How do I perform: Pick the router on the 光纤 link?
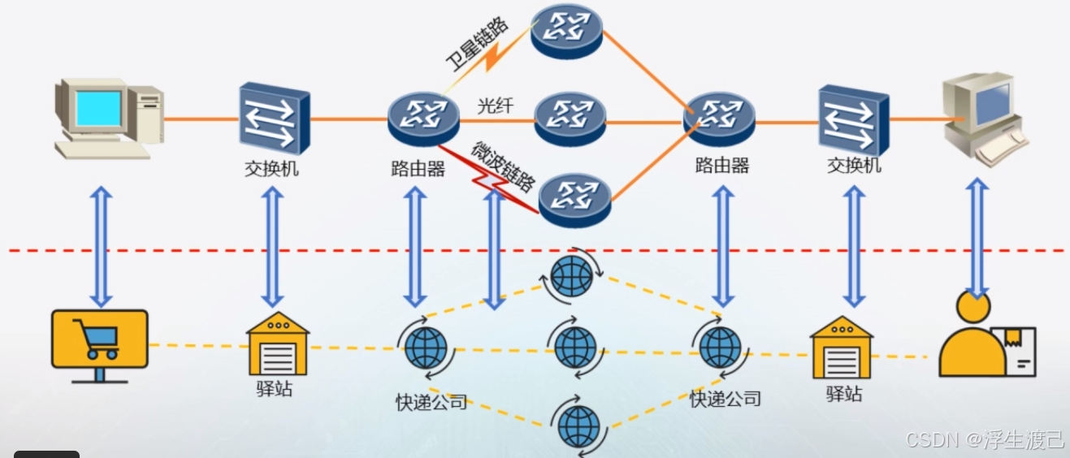[x=570, y=117]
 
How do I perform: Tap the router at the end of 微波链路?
[x=574, y=197]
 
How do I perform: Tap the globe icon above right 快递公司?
[x=720, y=347]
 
